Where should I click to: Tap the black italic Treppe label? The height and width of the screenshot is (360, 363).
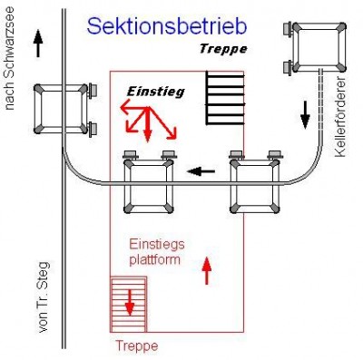(x=222, y=50)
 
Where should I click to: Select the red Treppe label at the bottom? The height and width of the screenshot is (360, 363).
(x=136, y=345)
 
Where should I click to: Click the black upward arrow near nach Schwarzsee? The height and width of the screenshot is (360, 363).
(x=37, y=43)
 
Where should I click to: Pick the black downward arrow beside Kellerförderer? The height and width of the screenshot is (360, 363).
(x=306, y=112)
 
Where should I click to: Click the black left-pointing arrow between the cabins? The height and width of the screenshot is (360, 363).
(x=201, y=170)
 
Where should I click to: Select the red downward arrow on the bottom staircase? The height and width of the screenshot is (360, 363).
(x=129, y=300)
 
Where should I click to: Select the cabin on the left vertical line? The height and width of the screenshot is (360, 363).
(x=64, y=109)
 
